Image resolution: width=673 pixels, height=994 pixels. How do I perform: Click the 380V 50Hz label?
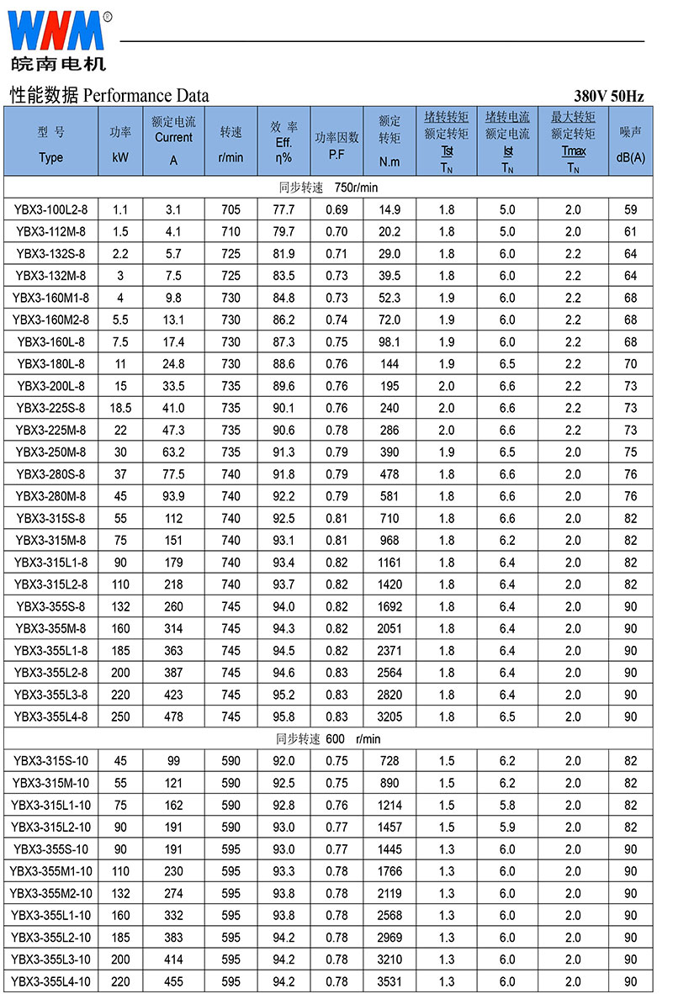pos(609,96)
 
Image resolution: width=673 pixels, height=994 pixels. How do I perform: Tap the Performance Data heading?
pos(109,95)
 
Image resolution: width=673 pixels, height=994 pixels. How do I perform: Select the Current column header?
pos(173,140)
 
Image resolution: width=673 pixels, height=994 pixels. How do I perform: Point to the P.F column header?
pos(336,155)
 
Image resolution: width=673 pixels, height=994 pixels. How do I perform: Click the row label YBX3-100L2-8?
pos(50,209)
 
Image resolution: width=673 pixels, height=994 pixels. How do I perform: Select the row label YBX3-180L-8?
pos(50,363)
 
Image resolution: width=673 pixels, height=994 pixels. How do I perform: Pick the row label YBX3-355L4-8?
pos(50,716)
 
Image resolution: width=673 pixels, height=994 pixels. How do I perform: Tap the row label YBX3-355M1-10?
pos(50,871)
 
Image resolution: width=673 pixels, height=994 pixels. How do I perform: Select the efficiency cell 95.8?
pos(284,716)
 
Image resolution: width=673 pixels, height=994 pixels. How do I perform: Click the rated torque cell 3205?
pos(390,716)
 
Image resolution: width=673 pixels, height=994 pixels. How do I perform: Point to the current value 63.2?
pos(173,452)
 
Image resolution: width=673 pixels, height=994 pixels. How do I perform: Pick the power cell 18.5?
pos(120,407)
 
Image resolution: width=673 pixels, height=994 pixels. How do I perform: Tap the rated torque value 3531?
pos(390,981)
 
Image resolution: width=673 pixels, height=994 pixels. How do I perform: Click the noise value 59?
pos(630,209)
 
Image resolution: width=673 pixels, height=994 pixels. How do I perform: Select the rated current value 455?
pos(173,981)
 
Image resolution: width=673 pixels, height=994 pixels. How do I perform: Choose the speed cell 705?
pos(231,209)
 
